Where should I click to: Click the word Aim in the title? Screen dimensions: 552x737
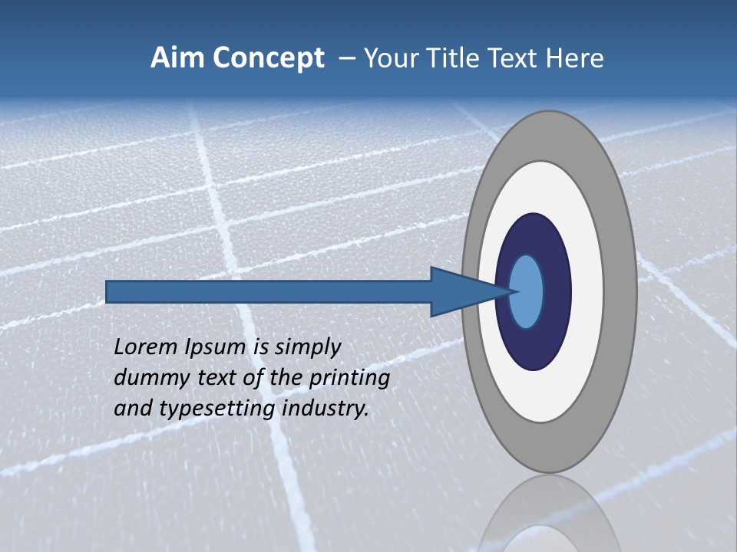[179, 58]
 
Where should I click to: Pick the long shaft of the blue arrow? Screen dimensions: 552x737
[269, 292]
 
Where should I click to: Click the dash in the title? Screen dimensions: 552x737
[346, 59]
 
